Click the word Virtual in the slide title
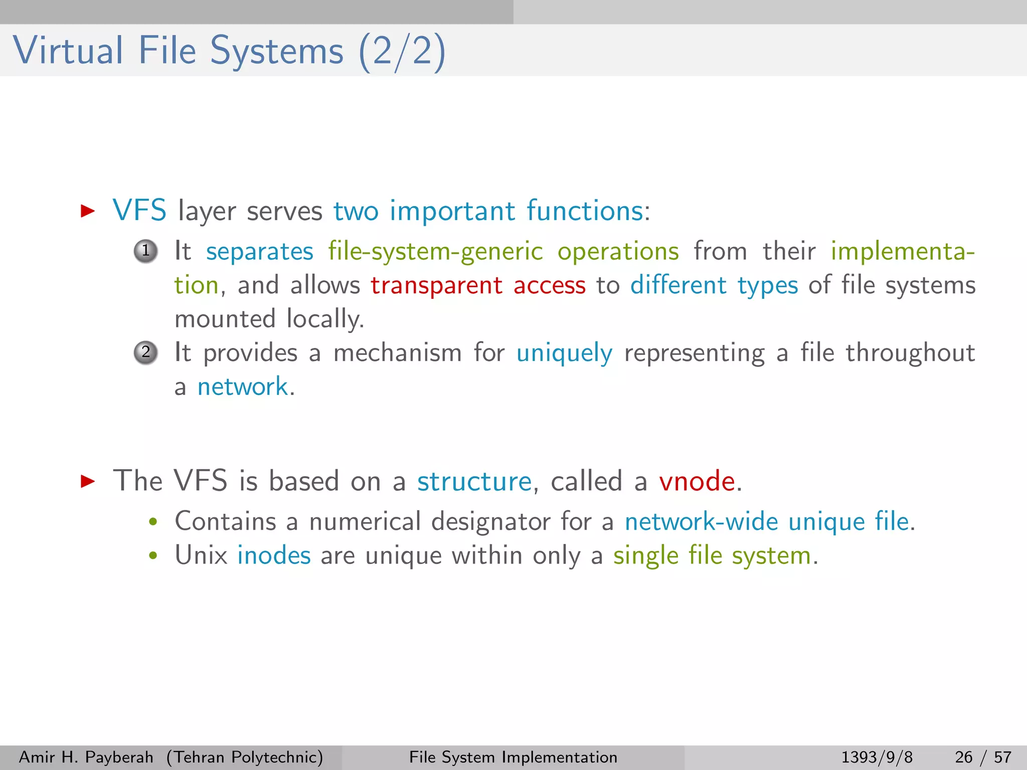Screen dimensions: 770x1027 (x=68, y=51)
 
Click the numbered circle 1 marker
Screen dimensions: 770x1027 (x=146, y=251)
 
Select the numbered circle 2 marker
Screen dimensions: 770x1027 (x=146, y=353)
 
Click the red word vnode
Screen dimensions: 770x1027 (x=697, y=481)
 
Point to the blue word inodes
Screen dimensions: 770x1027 (x=274, y=555)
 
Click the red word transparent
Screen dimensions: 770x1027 (x=436, y=286)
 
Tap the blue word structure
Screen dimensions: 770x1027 (x=474, y=481)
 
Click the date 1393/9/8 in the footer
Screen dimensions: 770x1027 (x=877, y=757)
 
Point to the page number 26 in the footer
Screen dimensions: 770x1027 (x=963, y=757)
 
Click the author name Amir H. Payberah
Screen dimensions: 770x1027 (x=86, y=757)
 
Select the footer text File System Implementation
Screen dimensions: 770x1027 (x=513, y=757)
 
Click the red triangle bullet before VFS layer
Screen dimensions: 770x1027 (x=88, y=211)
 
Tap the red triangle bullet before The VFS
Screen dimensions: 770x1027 (x=88, y=481)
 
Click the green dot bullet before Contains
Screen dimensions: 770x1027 (x=153, y=522)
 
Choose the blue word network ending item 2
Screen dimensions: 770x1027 (x=242, y=387)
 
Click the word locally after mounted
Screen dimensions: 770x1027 (x=325, y=319)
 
